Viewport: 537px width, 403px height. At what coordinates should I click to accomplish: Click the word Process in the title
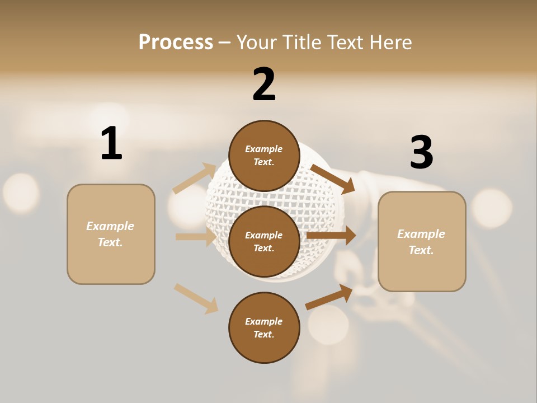(x=176, y=42)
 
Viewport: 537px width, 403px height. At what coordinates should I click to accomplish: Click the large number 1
(x=111, y=143)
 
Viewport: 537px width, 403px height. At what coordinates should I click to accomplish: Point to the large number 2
(x=264, y=85)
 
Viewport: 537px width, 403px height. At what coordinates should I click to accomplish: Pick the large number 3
(x=421, y=153)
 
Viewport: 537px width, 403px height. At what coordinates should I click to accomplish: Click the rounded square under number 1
(x=111, y=234)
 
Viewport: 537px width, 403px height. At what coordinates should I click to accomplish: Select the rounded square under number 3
(x=422, y=242)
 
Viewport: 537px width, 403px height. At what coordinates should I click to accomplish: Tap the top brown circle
(x=264, y=156)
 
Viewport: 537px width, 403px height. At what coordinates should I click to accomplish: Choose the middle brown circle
(x=264, y=242)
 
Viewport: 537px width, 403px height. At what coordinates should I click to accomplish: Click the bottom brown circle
(x=264, y=328)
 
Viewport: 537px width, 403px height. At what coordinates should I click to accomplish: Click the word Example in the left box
(x=110, y=226)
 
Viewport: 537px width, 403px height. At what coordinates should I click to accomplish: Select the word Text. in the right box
(x=421, y=250)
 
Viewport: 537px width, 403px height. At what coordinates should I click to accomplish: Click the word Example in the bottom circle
(x=264, y=321)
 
